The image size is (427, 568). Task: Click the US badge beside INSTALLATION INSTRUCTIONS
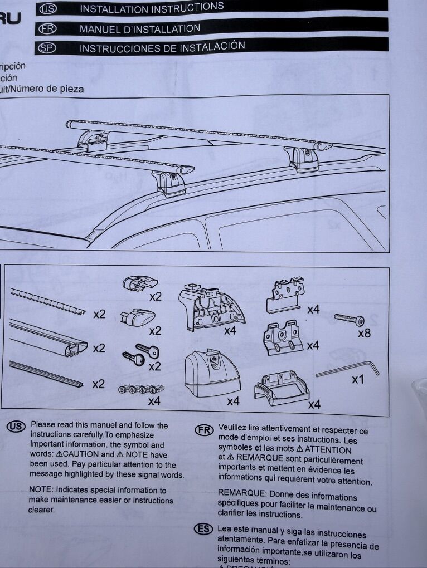pyautogui.click(x=48, y=9)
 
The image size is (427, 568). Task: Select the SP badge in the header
pyautogui.click(x=47, y=48)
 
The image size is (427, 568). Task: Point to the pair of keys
pyautogui.click(x=140, y=355)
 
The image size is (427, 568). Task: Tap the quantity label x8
pyautogui.click(x=363, y=333)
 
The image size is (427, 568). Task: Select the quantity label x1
pyautogui.click(x=358, y=379)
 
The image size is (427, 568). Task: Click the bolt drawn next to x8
pyautogui.click(x=350, y=320)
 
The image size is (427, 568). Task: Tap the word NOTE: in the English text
pyautogui.click(x=42, y=490)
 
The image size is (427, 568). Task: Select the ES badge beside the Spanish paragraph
pyautogui.click(x=203, y=530)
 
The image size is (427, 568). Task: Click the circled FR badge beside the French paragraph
pyautogui.click(x=204, y=429)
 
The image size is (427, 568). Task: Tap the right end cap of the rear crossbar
pyautogui.click(x=323, y=146)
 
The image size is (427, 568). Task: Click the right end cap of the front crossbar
pyautogui.click(x=186, y=170)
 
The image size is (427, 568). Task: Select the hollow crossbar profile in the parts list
pyautogui.click(x=48, y=337)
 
